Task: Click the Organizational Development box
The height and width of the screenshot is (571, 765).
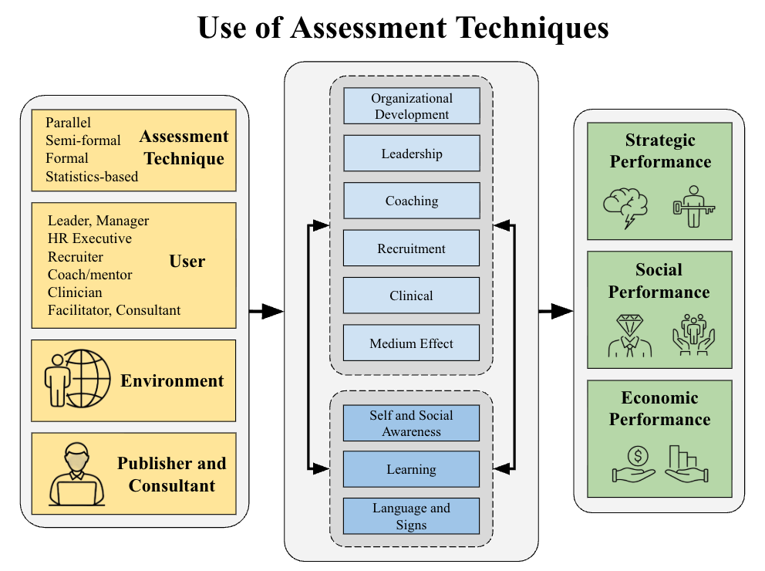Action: click(411, 106)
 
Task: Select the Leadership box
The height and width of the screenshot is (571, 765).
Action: click(411, 154)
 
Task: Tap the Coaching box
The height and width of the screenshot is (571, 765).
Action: click(411, 201)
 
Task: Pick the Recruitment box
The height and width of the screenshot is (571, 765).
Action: click(411, 248)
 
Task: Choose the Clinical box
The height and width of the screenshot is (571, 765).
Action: click(411, 296)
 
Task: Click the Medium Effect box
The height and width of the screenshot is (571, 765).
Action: click(411, 343)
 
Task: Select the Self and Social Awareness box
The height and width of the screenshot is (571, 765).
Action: click(411, 424)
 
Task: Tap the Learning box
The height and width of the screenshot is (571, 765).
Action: click(411, 469)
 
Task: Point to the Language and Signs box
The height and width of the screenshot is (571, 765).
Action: click(411, 516)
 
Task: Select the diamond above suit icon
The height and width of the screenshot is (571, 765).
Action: click(629, 335)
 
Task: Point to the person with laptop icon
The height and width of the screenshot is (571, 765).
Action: click(76, 473)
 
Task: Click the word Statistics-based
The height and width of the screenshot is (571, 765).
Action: click(92, 177)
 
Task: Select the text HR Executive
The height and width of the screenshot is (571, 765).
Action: click(89, 238)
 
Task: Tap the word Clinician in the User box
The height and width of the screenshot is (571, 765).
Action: click(75, 292)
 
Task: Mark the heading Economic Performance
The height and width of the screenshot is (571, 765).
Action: click(659, 409)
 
